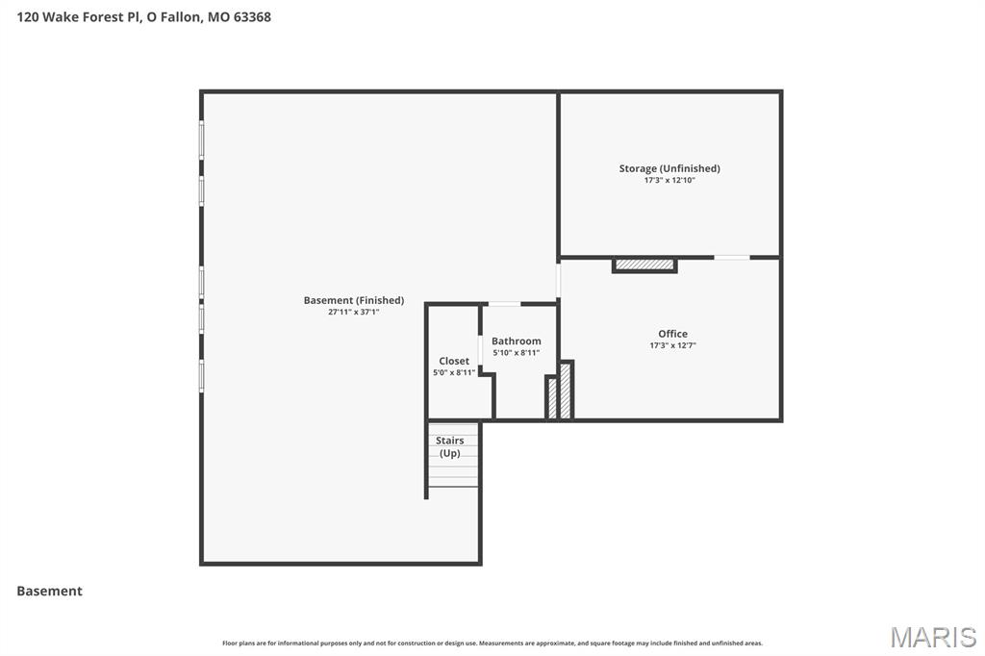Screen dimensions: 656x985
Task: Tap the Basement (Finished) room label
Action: (353, 300)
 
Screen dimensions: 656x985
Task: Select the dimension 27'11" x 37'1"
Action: (353, 312)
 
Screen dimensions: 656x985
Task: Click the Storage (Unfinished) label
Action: (669, 168)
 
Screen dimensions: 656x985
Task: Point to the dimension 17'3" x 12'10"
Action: (669, 180)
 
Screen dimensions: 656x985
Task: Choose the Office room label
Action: (672, 334)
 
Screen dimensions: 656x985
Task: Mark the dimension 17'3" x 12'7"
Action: (672, 345)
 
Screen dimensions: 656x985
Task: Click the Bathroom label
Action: (517, 341)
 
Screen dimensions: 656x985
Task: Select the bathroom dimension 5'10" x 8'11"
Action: (517, 353)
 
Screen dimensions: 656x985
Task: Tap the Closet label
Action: (454, 361)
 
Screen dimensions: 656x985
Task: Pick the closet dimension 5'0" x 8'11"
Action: (454, 372)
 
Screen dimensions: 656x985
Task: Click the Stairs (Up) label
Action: (450, 446)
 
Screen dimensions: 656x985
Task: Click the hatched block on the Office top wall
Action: (644, 265)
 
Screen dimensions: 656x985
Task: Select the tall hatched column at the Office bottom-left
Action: (566, 390)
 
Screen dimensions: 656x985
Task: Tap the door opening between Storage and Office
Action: (732, 257)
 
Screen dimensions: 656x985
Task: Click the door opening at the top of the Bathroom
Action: (504, 304)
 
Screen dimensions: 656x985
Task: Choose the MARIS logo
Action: (933, 636)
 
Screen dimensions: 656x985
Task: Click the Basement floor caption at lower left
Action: (49, 591)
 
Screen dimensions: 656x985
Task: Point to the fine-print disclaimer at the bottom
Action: (492, 643)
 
